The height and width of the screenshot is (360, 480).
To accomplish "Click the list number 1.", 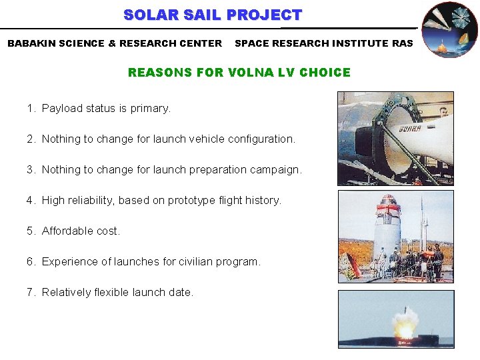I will (31, 108).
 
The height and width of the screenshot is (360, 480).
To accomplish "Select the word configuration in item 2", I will (261, 139).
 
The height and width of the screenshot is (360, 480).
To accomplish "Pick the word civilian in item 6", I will (189, 261).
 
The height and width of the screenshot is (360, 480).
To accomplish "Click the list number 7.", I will (31, 292).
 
